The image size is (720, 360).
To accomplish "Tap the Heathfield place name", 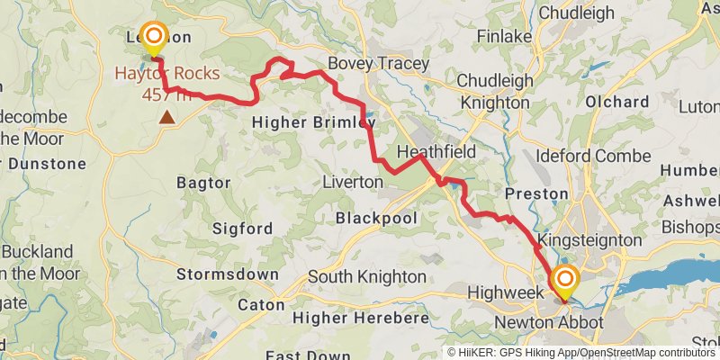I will [x=436, y=152].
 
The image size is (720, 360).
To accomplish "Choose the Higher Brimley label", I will [x=312, y=121].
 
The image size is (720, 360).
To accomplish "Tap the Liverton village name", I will [x=352, y=182].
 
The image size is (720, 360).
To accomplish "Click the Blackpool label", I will [x=373, y=218].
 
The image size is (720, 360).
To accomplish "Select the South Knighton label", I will [x=367, y=275].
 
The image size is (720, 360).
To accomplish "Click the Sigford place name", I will [x=242, y=229].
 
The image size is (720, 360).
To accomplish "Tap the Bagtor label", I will [x=203, y=183].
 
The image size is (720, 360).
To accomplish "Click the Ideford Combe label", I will [x=593, y=156].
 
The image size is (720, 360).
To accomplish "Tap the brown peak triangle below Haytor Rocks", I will [x=166, y=116].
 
